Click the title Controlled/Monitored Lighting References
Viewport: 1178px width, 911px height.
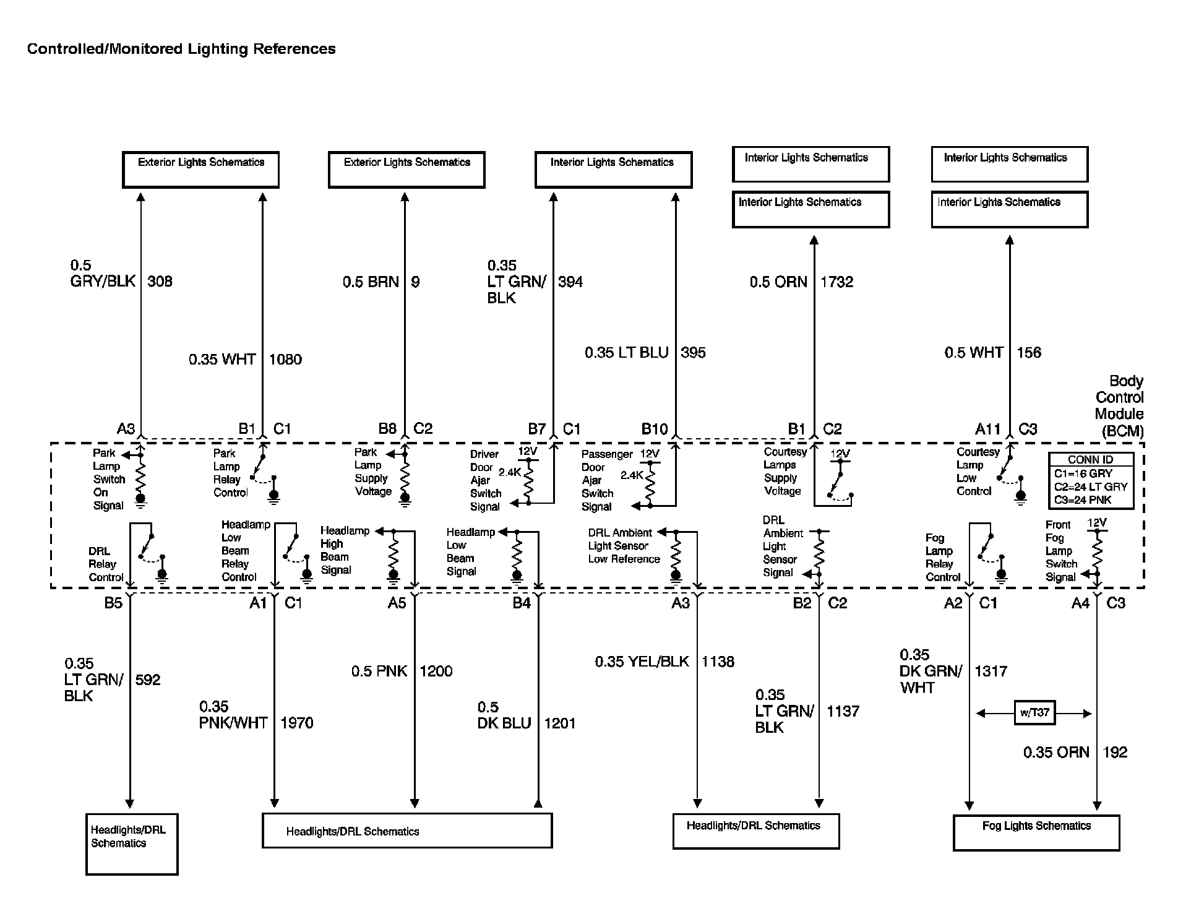[181, 49]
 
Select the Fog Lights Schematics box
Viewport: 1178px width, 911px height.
[1036, 832]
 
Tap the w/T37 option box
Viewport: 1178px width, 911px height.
[1034, 712]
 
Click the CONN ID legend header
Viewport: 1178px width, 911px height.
[1091, 460]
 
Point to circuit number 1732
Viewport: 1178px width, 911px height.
[837, 282]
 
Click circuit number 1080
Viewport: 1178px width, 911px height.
[285, 360]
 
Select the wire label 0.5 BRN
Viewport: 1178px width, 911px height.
[371, 282]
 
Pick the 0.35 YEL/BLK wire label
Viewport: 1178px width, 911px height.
[642, 662]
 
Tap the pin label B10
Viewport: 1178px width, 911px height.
[654, 429]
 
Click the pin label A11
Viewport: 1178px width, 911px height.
[987, 429]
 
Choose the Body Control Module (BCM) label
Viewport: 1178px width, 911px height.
[1119, 406]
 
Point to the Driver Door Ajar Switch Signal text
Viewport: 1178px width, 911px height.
[486, 480]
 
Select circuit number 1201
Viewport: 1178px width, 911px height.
[559, 723]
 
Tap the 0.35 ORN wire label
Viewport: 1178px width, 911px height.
[1055, 753]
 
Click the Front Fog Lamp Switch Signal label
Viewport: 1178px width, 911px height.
[1061, 551]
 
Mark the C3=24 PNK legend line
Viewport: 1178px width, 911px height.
[1083, 500]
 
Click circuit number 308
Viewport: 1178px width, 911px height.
[160, 282]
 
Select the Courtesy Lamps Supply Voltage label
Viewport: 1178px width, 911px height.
[784, 472]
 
